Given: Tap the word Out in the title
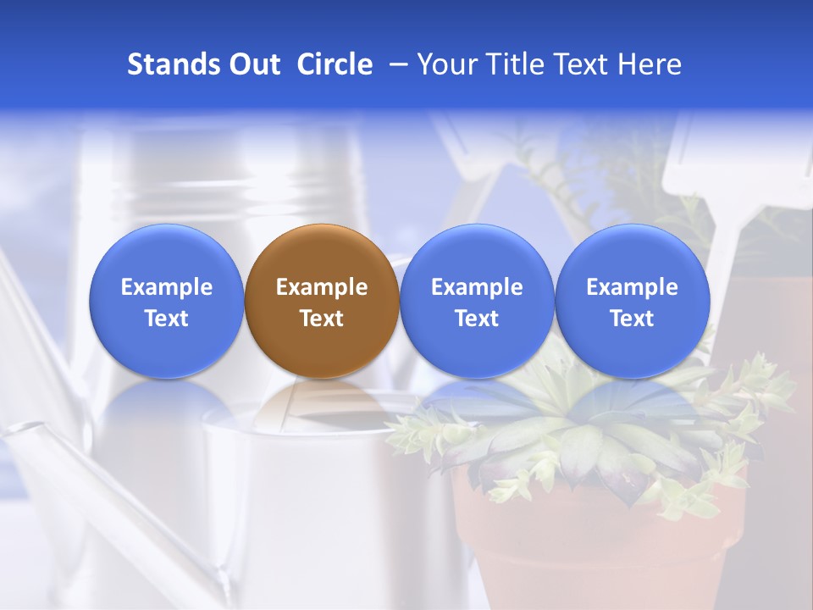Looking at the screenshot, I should click(x=252, y=64).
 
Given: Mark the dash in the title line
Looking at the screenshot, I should click(x=396, y=64).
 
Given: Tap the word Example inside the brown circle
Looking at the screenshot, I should click(x=322, y=287).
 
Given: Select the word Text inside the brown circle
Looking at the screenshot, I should click(x=322, y=319).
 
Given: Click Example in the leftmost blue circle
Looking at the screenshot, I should click(x=167, y=287).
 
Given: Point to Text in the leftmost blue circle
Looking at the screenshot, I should click(x=167, y=319).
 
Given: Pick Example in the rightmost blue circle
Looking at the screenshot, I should click(x=632, y=287).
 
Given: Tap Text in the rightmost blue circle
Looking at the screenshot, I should click(x=632, y=319).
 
